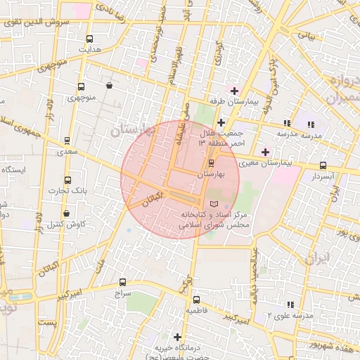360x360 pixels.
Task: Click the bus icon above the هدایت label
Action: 89,39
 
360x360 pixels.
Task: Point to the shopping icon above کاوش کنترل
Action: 67,213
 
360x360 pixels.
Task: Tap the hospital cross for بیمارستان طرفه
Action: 234,91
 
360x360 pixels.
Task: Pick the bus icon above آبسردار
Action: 323,166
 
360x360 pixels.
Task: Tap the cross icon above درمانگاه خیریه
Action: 177,337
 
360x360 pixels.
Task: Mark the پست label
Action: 48,322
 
